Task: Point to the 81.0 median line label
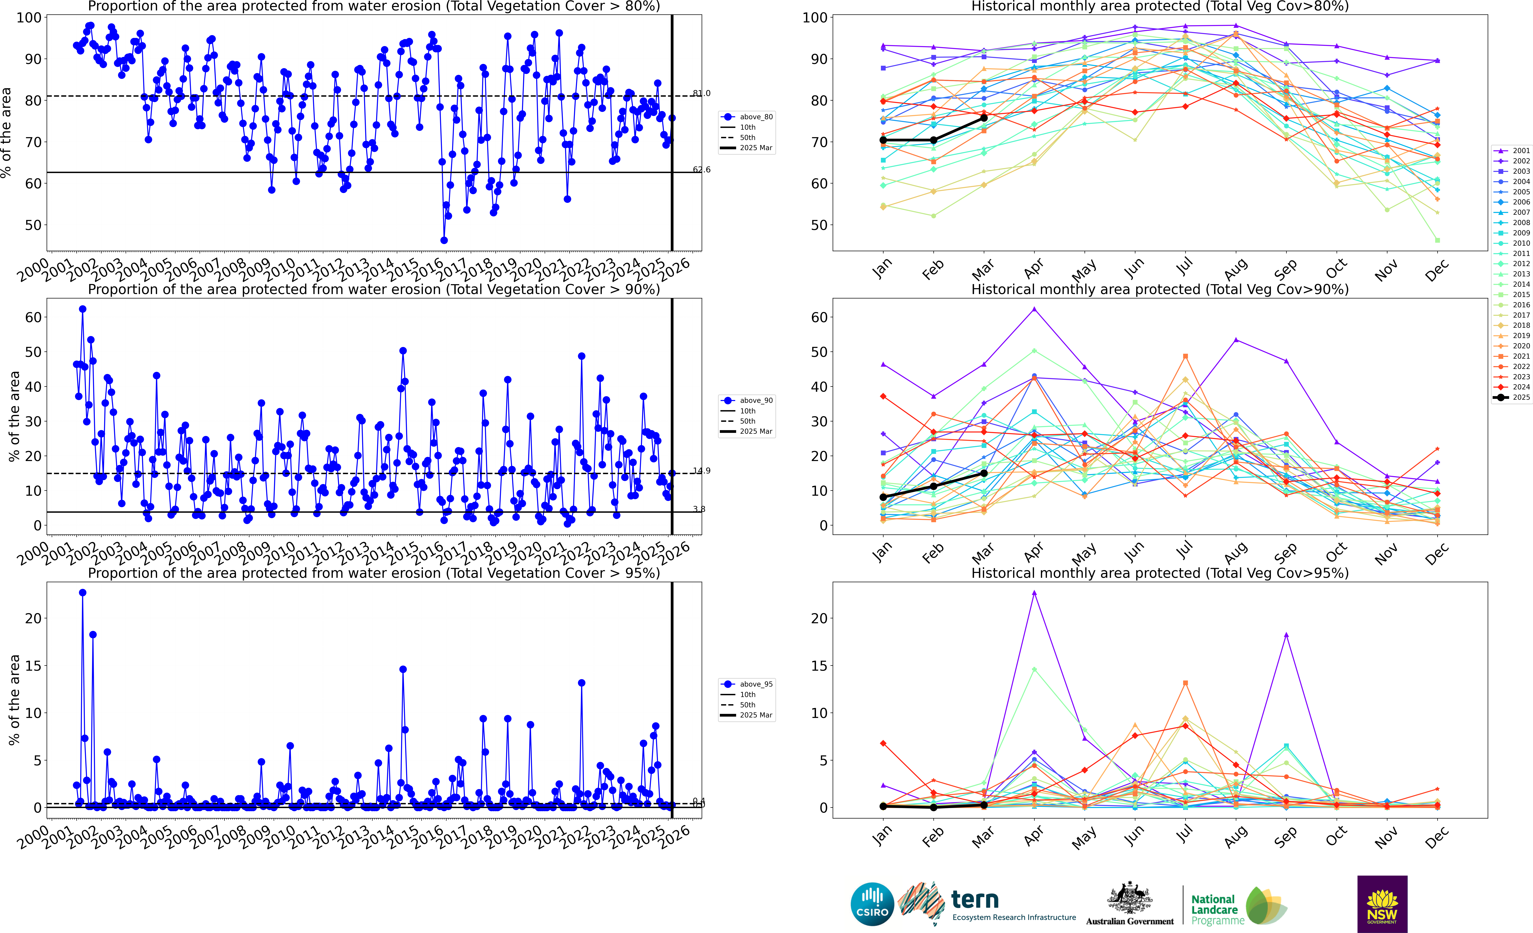(x=701, y=93)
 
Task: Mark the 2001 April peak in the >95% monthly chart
(x=1034, y=593)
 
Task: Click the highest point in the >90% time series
(x=83, y=309)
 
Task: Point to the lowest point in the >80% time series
(x=444, y=240)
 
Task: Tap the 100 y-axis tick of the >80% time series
(x=29, y=17)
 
